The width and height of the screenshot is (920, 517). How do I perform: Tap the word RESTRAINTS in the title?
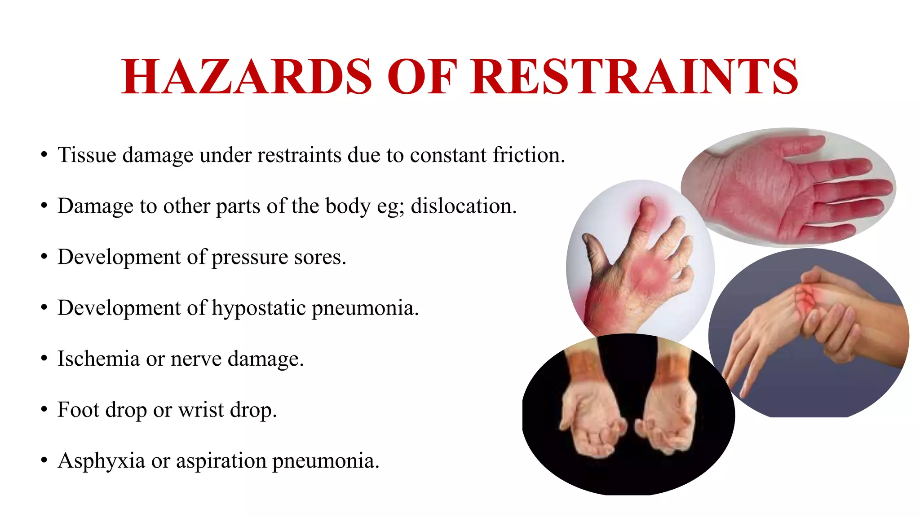click(634, 77)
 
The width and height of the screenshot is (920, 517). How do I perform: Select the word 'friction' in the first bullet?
click(528, 155)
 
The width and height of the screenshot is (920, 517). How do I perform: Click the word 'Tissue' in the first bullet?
click(87, 155)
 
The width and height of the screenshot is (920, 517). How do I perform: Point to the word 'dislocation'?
click(463, 206)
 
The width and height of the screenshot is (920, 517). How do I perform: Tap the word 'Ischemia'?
click(98, 359)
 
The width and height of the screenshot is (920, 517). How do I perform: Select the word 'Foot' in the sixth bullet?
click(78, 410)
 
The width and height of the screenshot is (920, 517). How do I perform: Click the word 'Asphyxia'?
click(101, 461)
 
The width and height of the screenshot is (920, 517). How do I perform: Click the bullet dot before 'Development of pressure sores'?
click(44, 257)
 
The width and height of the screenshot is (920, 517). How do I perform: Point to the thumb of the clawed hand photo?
click(595, 251)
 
